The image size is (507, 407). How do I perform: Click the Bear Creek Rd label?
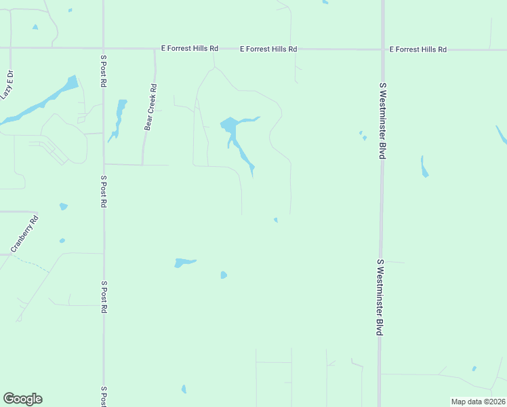pyautogui.click(x=150, y=107)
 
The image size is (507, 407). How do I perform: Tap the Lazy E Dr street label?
pyautogui.click(x=8, y=84)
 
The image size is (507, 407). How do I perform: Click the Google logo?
pyautogui.click(x=22, y=399)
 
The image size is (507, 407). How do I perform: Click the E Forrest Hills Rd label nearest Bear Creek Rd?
pyautogui.click(x=190, y=49)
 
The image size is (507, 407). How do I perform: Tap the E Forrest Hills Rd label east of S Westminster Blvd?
pyautogui.click(x=418, y=50)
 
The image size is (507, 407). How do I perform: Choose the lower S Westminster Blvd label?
pyautogui.click(x=380, y=296)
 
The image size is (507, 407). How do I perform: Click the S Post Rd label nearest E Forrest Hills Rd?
pyautogui.click(x=104, y=71)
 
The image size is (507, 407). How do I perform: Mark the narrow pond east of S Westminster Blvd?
pyautogui.click(x=424, y=167)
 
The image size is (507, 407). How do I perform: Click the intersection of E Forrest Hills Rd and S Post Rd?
pyautogui.click(x=103, y=48)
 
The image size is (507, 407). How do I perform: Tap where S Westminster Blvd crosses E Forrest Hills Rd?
pyautogui.click(x=382, y=50)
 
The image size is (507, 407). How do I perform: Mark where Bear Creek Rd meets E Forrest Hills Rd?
pyautogui.click(x=155, y=49)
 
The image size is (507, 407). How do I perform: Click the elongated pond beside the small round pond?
pyautogui.click(x=184, y=262)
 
